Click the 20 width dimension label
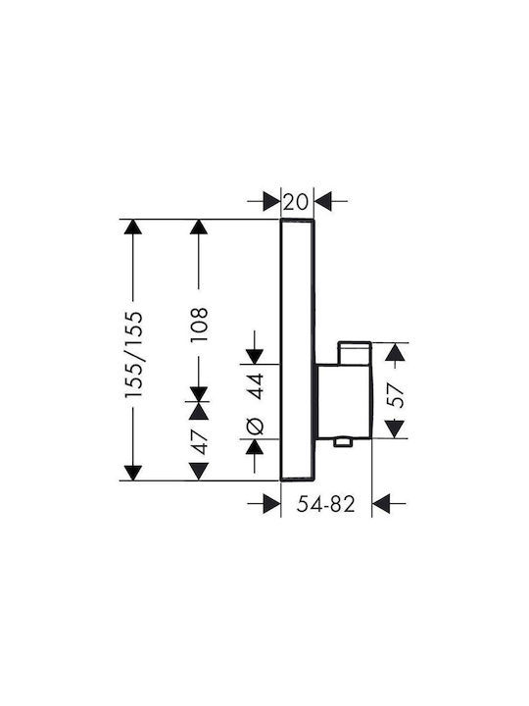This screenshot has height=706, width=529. (x=297, y=201)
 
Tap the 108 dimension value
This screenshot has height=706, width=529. (x=199, y=325)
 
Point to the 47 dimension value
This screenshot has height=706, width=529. (x=199, y=442)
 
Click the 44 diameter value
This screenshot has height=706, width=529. (x=256, y=386)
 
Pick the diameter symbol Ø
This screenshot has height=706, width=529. (x=255, y=426)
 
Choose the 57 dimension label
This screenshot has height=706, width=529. (x=396, y=395)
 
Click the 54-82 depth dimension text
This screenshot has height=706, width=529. (x=326, y=504)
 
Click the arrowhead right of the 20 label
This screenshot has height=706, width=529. (x=323, y=201)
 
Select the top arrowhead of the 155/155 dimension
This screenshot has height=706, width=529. (x=133, y=227)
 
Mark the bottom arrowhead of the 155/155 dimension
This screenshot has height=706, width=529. (x=133, y=473)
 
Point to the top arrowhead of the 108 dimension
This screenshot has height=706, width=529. (x=199, y=227)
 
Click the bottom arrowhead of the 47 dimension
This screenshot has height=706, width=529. (x=199, y=472)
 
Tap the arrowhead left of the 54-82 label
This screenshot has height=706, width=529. (x=271, y=503)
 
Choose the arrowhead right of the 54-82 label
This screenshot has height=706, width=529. (x=381, y=503)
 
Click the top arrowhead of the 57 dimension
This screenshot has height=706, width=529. (x=395, y=352)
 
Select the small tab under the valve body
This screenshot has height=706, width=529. (x=342, y=442)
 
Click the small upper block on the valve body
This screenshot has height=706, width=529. (x=355, y=353)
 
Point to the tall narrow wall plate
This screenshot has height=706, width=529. (x=298, y=350)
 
